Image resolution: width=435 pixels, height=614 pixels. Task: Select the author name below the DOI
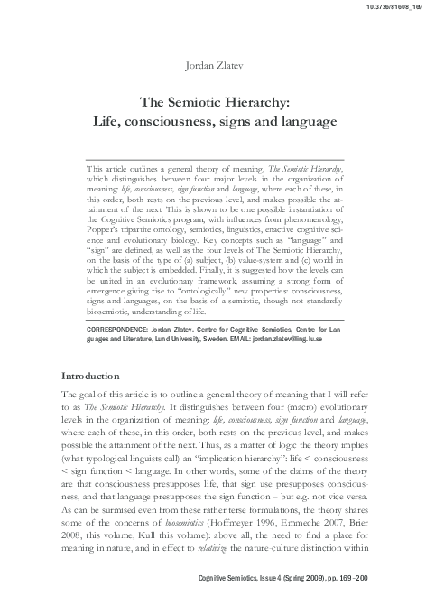(x=217, y=63)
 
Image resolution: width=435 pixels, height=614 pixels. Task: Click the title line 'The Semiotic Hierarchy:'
(x=217, y=102)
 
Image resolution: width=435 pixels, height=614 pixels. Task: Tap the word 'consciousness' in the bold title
(x=183, y=120)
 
